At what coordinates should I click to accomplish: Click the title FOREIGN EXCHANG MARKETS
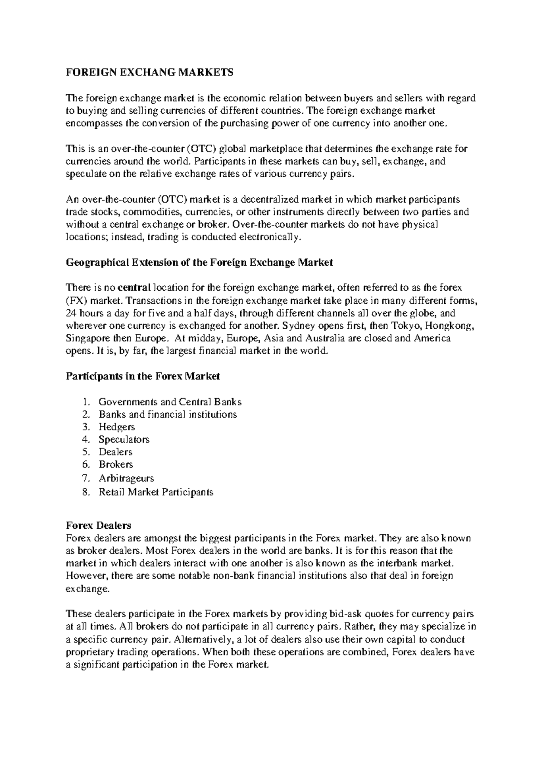[150, 73]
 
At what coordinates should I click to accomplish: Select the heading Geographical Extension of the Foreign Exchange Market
[199, 263]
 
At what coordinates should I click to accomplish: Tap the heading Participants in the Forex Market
[143, 376]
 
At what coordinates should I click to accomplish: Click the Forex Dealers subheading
[98, 526]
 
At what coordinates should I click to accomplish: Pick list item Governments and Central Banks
[170, 402]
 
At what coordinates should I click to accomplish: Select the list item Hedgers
[117, 427]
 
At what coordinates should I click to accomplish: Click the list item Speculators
[124, 439]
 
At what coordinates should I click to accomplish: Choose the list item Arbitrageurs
[126, 478]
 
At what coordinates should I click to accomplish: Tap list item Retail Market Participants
[156, 492]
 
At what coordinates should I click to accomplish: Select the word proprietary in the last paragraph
[91, 652]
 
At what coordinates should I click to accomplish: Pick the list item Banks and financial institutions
[168, 414]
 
